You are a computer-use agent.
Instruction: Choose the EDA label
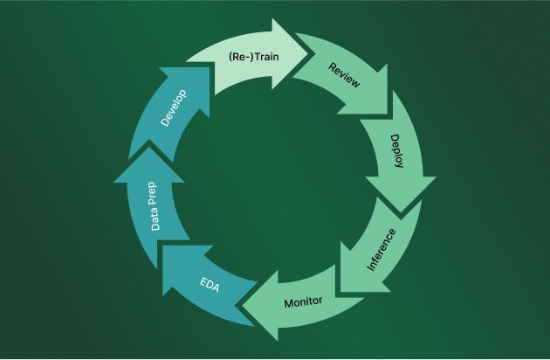click(209, 285)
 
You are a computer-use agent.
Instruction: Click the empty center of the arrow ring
click(275, 179)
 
